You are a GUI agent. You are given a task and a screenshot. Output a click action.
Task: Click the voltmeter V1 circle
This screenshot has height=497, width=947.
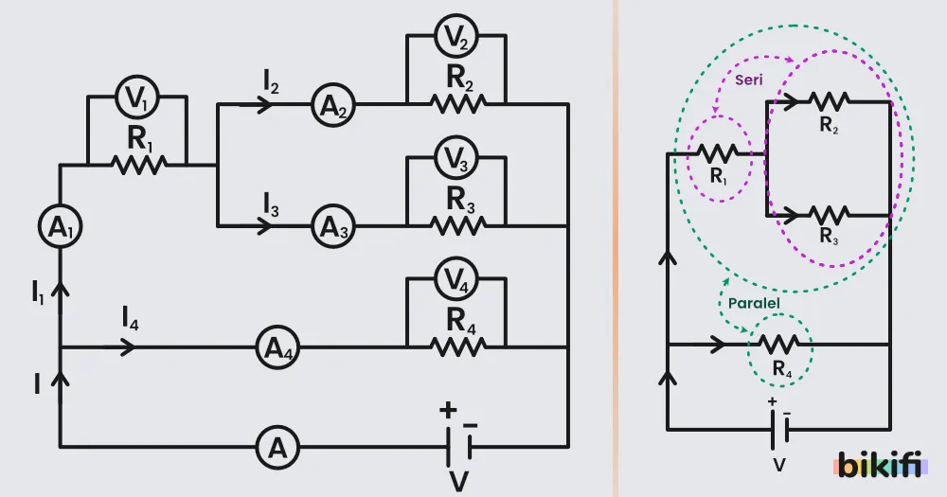pos(137,96)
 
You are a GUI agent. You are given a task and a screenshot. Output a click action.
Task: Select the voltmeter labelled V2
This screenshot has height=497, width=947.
pos(456,36)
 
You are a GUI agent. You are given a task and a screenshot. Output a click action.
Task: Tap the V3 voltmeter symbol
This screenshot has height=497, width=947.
pos(456,157)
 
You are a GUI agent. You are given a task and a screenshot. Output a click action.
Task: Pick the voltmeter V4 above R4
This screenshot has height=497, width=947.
pos(456,279)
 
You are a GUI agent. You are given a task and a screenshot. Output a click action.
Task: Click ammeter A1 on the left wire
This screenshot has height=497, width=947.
pos(60,226)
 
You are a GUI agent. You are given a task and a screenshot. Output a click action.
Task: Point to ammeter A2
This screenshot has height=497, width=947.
pos(333,105)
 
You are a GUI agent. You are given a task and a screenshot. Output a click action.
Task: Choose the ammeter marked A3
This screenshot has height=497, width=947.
pos(333,226)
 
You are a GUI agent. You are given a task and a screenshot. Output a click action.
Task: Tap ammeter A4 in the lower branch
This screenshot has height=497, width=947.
pos(277,347)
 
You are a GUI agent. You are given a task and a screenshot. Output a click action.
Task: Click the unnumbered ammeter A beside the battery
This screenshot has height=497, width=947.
pos(277,448)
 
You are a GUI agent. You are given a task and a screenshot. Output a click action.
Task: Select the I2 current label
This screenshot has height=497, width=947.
pos(271,81)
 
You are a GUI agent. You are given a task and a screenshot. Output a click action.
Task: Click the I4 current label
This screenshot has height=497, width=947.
pos(130,318)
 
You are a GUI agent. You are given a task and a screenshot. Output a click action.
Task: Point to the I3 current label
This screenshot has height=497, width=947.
pos(271,204)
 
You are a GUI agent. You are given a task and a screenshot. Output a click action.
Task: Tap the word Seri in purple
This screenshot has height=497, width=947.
pos(749,80)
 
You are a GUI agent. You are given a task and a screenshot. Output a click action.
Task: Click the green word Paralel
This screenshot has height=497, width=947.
pos(754,303)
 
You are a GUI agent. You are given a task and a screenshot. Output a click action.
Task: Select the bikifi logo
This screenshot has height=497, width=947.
pos(881,464)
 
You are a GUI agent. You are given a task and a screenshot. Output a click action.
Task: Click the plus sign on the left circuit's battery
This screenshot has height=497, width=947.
pos(448,411)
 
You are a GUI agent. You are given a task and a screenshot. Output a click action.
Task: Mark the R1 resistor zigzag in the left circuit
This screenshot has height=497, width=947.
pos(139,165)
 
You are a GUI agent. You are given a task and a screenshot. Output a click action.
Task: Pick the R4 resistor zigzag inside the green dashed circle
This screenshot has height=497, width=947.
pos(778,345)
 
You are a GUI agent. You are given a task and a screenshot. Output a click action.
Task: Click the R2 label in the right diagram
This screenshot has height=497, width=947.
pos(829,124)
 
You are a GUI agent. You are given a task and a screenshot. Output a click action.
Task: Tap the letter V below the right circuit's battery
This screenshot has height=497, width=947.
pos(779,465)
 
